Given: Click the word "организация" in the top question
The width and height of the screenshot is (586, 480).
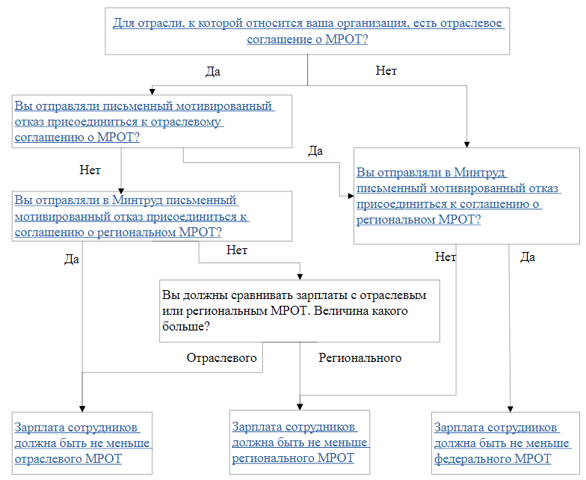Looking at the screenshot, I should pyautogui.click(x=363, y=24).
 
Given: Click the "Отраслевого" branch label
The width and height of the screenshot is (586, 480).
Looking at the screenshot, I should pyautogui.click(x=221, y=358).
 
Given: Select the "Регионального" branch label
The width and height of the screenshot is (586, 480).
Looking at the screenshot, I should pyautogui.click(x=360, y=358).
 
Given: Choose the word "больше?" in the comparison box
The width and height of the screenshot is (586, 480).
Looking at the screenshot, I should pyautogui.click(x=186, y=327).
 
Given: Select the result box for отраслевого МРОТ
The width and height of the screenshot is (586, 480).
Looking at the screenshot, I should pyautogui.click(x=82, y=443).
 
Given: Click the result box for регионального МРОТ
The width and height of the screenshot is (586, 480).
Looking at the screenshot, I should pyautogui.click(x=300, y=442).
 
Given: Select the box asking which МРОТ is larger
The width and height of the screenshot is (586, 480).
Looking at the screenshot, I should pyautogui.click(x=299, y=311).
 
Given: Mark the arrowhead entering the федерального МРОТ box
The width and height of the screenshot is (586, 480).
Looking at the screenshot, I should pyautogui.click(x=510, y=409).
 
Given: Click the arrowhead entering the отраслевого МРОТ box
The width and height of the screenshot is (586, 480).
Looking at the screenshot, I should pyautogui.click(x=82, y=409).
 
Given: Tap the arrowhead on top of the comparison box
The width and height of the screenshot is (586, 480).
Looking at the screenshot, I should pyautogui.click(x=299, y=277).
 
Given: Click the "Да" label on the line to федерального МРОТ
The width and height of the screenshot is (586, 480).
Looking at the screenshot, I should pyautogui.click(x=528, y=257).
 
